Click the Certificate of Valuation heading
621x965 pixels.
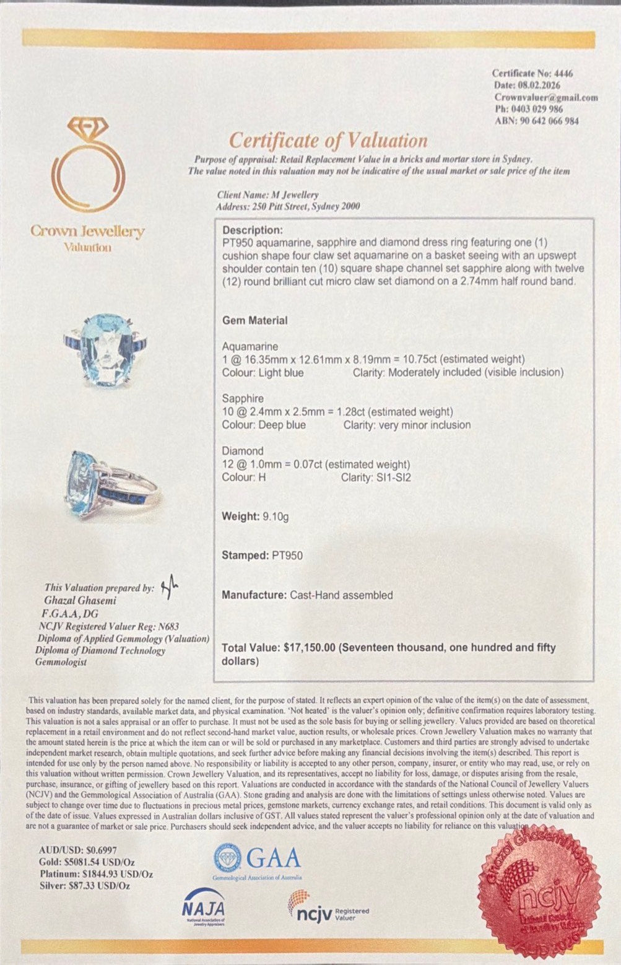[x=328, y=141]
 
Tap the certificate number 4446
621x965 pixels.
[x=564, y=73]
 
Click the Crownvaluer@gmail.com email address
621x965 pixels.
[x=545, y=97]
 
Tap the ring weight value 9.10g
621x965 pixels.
[x=275, y=517]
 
